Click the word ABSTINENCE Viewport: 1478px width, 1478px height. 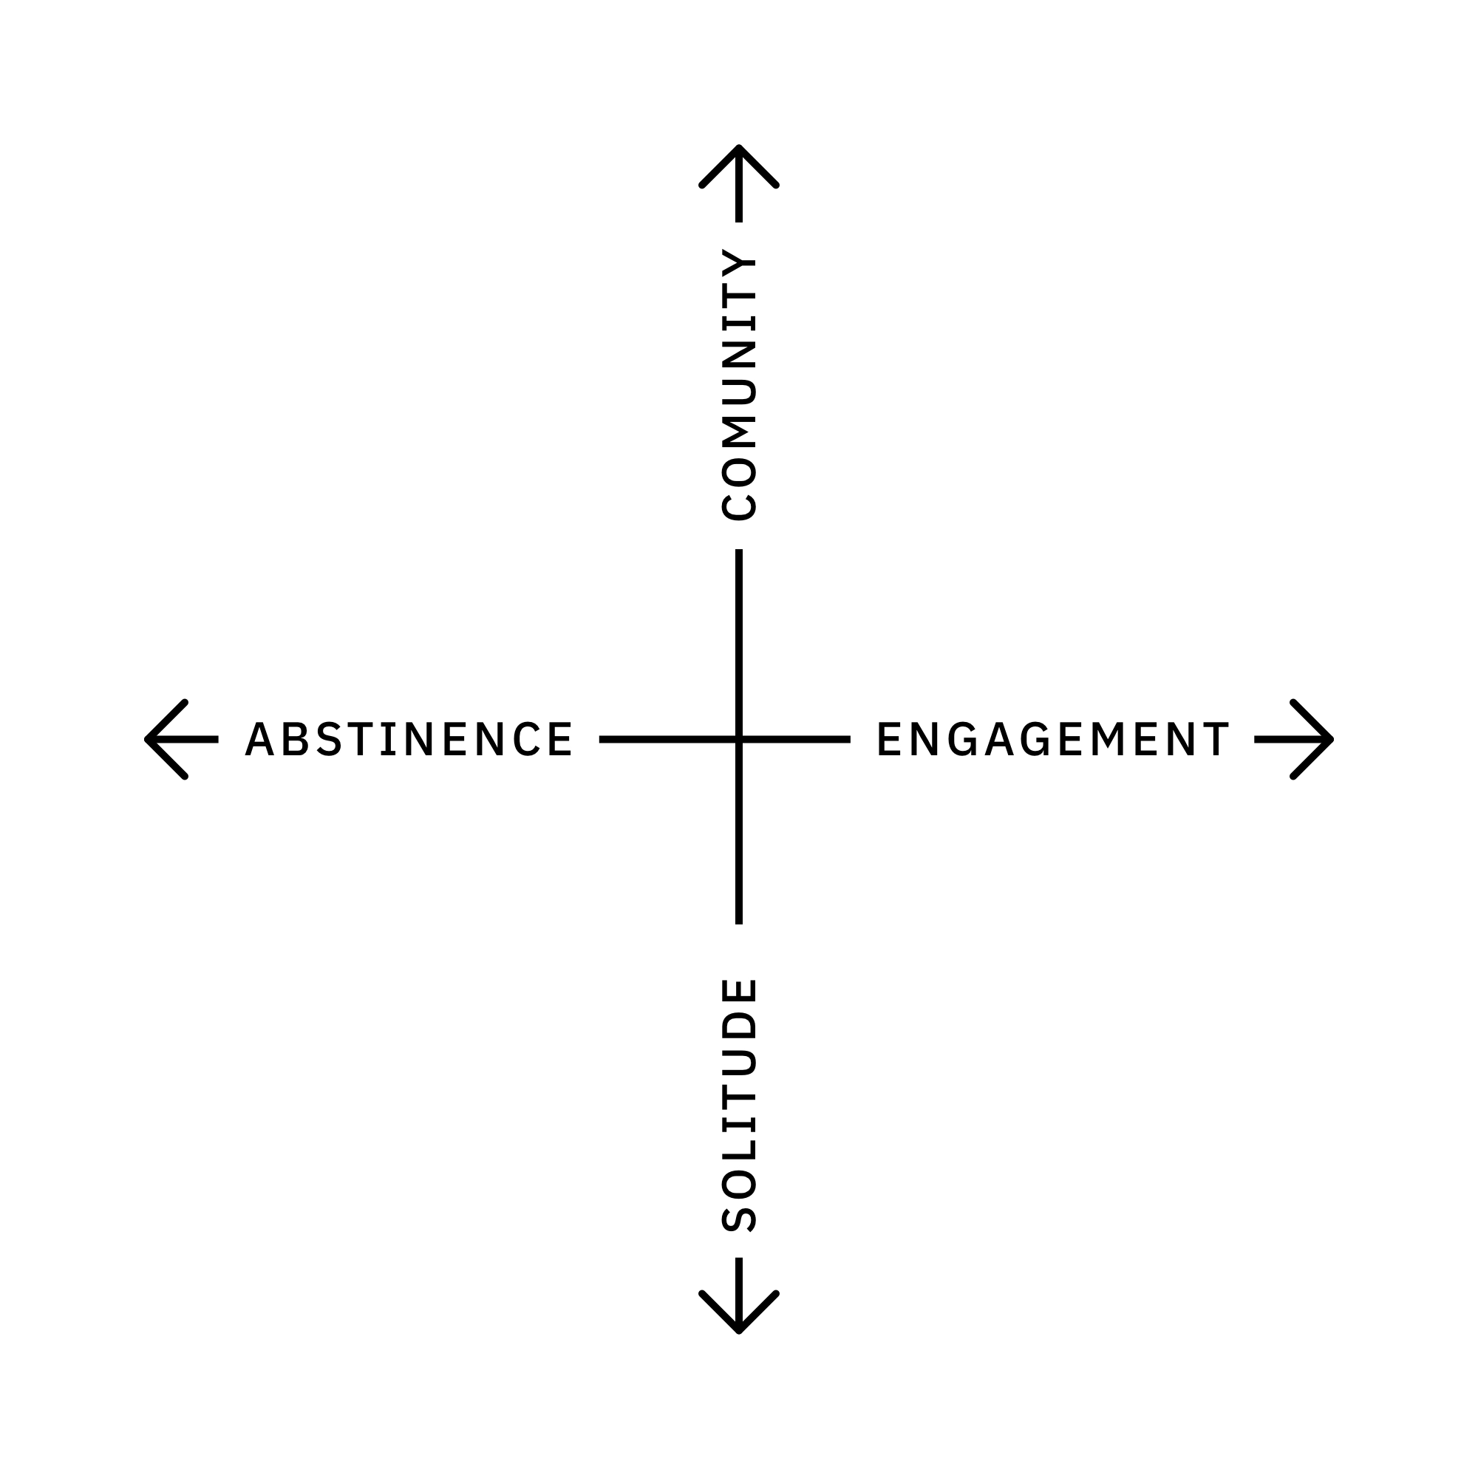click(409, 739)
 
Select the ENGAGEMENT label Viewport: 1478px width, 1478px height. click(1052, 739)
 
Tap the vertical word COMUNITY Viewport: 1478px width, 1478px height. click(739, 385)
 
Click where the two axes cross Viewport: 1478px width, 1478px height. click(739, 739)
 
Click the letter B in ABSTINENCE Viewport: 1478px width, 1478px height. click(296, 739)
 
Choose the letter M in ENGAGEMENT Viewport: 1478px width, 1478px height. click(1106, 739)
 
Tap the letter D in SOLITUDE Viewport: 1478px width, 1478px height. click(739, 1026)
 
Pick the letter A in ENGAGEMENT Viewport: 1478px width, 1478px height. click(999, 739)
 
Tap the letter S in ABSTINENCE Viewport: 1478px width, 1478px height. click(330, 739)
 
